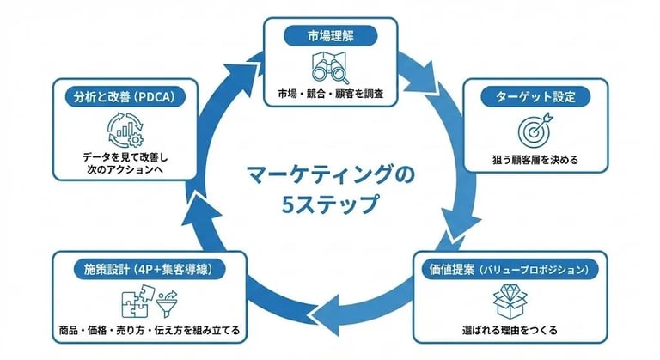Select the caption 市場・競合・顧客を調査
(330, 93)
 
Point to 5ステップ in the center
(330, 205)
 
